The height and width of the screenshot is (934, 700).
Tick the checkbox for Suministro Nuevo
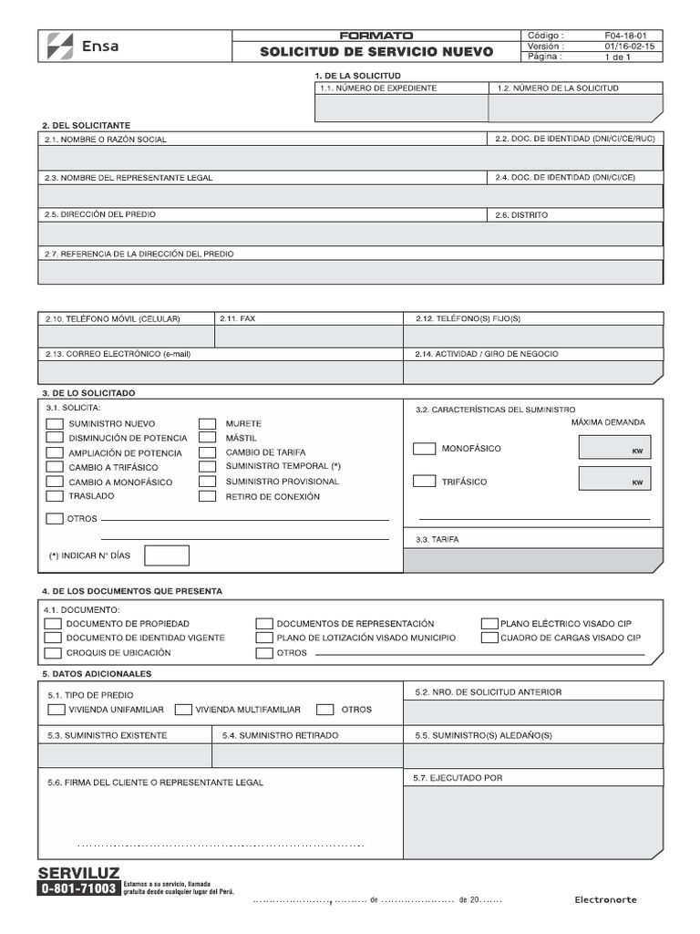(x=54, y=423)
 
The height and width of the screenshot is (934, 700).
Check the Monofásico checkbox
(x=424, y=449)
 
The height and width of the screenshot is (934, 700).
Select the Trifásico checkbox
(x=424, y=481)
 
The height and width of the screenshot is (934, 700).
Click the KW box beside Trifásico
(x=614, y=478)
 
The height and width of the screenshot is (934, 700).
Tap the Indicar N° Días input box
(x=167, y=555)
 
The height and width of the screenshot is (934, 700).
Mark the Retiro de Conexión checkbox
(x=208, y=496)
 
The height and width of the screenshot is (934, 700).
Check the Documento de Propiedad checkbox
(x=52, y=624)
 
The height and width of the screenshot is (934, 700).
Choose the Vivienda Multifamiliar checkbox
(x=182, y=709)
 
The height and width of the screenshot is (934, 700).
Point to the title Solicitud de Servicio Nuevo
(x=376, y=53)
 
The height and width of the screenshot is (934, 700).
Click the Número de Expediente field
(x=401, y=109)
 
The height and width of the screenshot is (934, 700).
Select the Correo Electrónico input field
(x=220, y=371)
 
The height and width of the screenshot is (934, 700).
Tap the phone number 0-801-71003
(x=78, y=888)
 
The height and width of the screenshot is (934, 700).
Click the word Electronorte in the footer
(x=606, y=900)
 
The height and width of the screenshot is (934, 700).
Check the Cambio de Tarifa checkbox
(x=208, y=452)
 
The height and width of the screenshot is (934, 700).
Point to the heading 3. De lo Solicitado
(x=88, y=392)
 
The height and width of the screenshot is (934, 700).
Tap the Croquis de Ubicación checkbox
(x=52, y=653)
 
